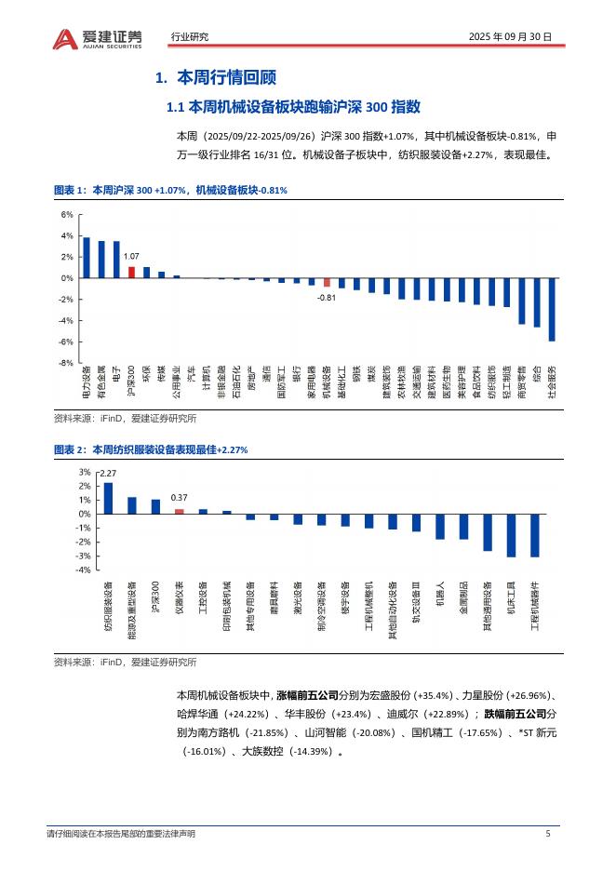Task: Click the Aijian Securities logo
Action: click(x=98, y=37)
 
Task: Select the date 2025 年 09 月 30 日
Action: click(x=510, y=37)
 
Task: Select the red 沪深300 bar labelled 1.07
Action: click(x=131, y=273)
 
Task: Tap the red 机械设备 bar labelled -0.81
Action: click(x=327, y=282)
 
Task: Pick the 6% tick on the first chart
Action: click(x=66, y=215)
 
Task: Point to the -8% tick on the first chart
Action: click(x=65, y=364)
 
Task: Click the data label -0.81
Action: click(x=326, y=297)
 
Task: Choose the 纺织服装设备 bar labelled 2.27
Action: click(x=108, y=498)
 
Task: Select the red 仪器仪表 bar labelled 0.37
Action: click(x=180, y=511)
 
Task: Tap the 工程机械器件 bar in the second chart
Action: click(x=534, y=535)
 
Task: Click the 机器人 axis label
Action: click(x=440, y=595)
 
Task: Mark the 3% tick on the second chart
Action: click(x=85, y=473)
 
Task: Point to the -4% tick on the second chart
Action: click(x=84, y=569)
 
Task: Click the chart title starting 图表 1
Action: click(x=170, y=190)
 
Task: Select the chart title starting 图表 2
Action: click(x=151, y=449)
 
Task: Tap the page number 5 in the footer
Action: click(x=548, y=834)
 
